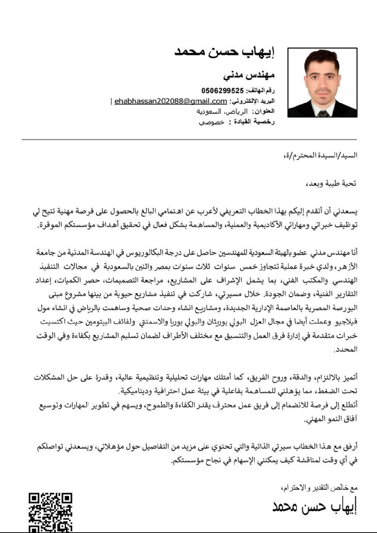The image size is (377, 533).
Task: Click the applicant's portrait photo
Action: [322, 82]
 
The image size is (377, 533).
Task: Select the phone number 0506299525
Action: [223, 90]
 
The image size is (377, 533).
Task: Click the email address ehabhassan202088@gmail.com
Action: [170, 101]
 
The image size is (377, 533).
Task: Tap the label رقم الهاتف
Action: [261, 90]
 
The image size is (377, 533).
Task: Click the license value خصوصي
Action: [212, 122]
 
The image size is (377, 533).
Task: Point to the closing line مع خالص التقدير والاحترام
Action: [319, 488]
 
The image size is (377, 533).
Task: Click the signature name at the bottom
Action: [315, 507]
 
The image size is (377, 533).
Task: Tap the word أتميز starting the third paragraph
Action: [350, 378]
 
